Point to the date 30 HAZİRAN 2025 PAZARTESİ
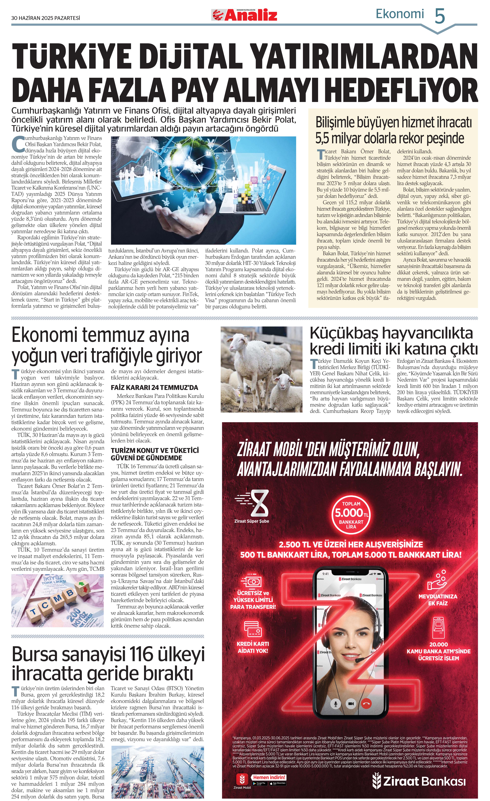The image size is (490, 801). click(x=46, y=18)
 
